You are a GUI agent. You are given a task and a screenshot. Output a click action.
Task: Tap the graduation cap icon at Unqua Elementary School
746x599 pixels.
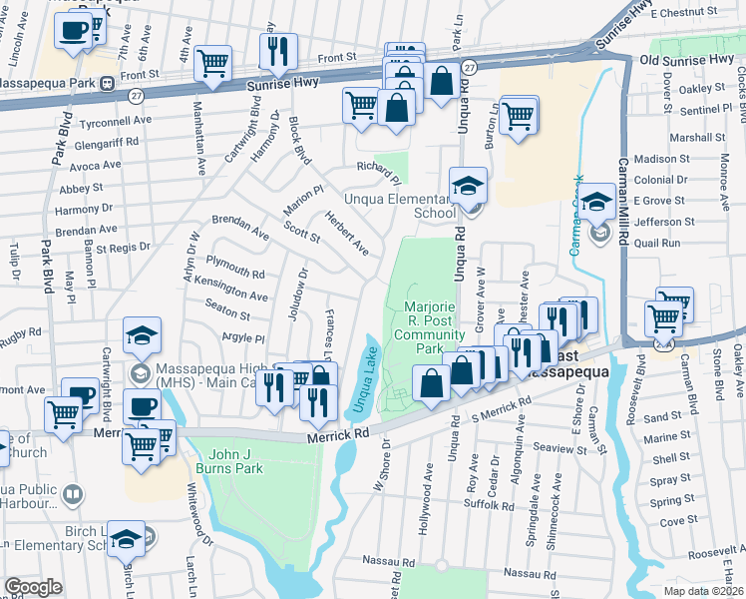(x=467, y=187)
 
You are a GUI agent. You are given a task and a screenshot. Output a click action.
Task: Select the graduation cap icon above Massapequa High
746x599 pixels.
(x=142, y=335)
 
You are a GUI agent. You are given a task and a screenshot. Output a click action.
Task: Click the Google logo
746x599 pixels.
(x=33, y=587)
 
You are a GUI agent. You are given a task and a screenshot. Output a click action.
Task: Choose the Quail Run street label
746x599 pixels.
(x=656, y=243)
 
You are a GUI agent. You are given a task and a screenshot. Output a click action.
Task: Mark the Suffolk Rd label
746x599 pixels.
(x=489, y=504)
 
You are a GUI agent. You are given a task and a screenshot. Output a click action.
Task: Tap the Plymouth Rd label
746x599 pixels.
(x=234, y=267)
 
